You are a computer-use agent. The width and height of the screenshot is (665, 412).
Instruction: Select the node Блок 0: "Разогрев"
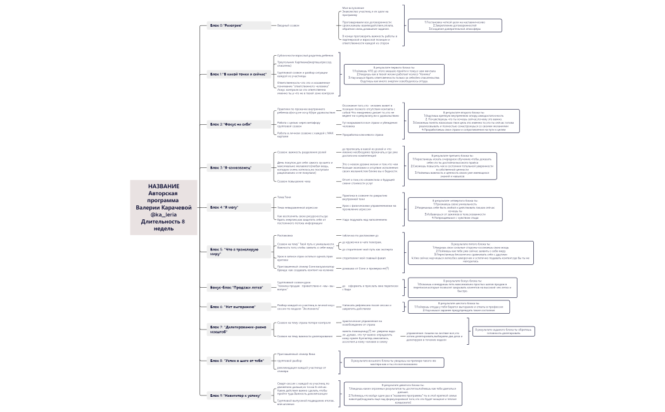[227, 25]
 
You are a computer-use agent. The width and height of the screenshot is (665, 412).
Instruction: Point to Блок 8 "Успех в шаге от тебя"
[237, 361]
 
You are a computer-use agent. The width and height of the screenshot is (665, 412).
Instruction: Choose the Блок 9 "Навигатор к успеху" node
[236, 395]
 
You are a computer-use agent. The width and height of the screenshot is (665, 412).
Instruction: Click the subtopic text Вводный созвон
[288, 25]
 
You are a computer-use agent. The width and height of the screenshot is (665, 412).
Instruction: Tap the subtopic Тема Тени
[284, 197]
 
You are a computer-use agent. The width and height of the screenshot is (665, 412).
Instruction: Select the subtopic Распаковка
[285, 235]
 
